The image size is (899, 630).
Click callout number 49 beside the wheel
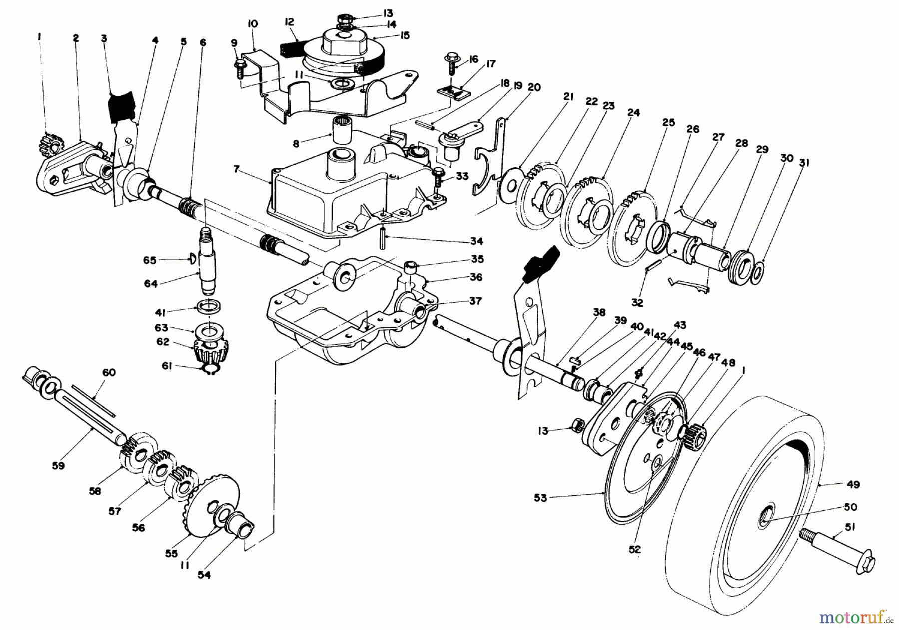[840, 484]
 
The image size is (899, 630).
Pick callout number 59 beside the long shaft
[59, 465]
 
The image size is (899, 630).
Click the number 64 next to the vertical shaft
[151, 283]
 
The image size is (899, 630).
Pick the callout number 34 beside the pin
[476, 241]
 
